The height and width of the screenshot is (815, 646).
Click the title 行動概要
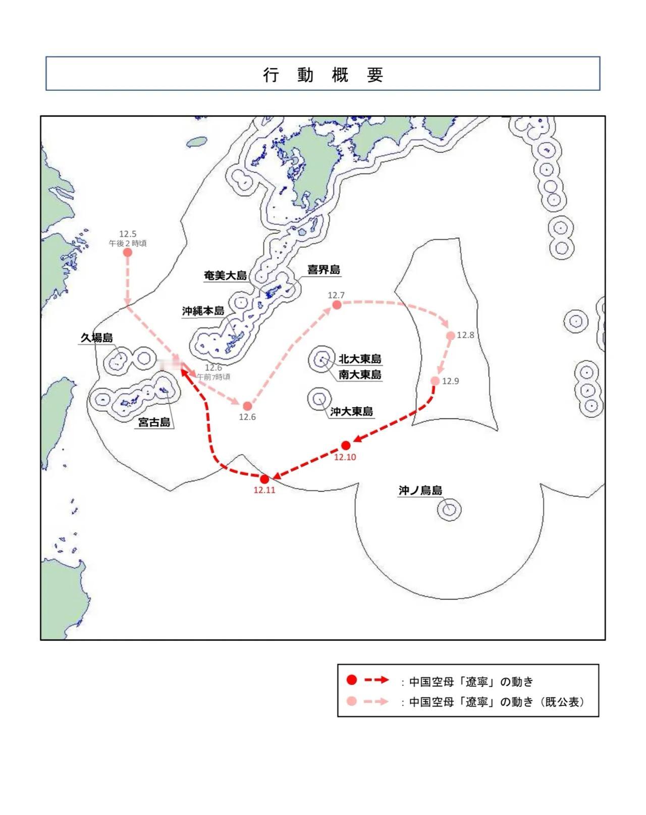tap(323, 75)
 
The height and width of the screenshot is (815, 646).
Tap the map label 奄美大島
tap(225, 276)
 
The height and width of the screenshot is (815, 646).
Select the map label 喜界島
tap(324, 269)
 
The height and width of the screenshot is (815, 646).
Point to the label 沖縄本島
tap(203, 311)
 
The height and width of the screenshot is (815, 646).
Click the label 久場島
tap(96, 338)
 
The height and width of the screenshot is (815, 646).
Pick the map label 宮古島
tap(154, 422)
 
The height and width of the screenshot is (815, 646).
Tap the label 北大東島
tap(360, 359)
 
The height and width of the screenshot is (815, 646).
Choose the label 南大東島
tap(360, 374)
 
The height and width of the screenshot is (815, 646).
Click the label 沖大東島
tap(352, 411)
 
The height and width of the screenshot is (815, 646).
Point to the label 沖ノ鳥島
tap(420, 490)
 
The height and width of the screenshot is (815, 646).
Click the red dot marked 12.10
tap(346, 445)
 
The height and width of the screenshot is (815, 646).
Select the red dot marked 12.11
tap(264, 479)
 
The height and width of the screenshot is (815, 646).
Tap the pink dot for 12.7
tap(337, 305)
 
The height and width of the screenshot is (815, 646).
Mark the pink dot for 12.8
tap(450, 336)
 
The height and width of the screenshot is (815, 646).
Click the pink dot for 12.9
tap(435, 381)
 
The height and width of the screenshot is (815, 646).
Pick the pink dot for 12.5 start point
tap(128, 252)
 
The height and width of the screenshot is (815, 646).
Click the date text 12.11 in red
tap(264, 490)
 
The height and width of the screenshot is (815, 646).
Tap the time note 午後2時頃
tap(128, 243)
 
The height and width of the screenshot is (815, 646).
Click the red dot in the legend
tap(352, 680)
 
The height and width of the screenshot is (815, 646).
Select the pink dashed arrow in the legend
tap(376, 701)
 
